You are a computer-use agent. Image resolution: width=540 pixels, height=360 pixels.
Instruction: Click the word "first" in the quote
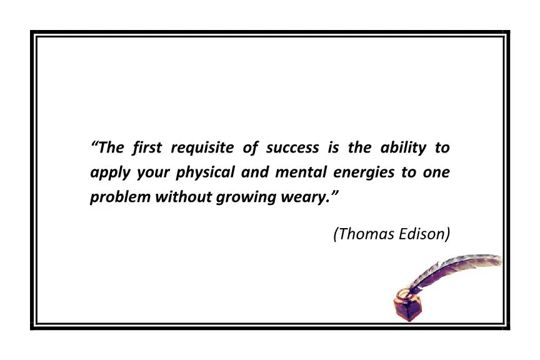(147, 148)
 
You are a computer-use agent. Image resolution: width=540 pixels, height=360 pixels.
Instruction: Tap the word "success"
(292, 148)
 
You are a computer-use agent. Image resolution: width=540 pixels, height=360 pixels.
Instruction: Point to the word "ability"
(403, 148)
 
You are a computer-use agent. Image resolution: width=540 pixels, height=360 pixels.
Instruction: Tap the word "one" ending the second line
(436, 172)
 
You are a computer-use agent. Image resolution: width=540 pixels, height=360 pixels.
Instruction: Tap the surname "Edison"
(425, 234)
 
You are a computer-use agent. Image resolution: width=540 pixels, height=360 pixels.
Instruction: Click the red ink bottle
(406, 306)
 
